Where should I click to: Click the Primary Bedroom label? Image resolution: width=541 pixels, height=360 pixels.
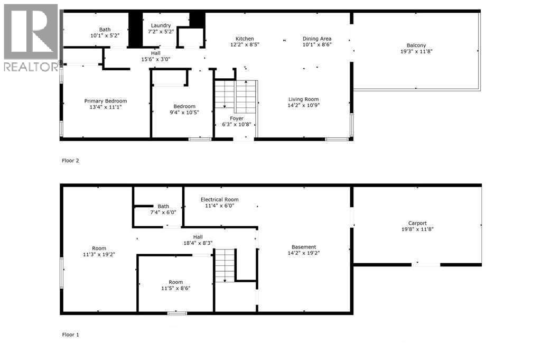pyautogui.click(x=106, y=101)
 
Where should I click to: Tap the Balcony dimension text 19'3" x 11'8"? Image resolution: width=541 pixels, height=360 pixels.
pyautogui.click(x=416, y=52)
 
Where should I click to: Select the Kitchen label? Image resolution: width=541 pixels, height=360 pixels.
pyautogui.click(x=245, y=39)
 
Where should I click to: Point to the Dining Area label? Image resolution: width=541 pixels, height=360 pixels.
pyautogui.click(x=317, y=39)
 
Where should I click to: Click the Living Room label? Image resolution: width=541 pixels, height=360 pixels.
pyautogui.click(x=303, y=99)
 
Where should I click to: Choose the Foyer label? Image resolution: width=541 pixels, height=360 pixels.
pyautogui.click(x=237, y=118)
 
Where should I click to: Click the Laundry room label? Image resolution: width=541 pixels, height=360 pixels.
pyautogui.click(x=161, y=25)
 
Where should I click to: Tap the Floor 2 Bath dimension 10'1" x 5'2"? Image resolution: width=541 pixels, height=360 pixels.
pyautogui.click(x=106, y=35)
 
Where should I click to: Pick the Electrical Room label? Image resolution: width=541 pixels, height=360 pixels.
pyautogui.click(x=219, y=199)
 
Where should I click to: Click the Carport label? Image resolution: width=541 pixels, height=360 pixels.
pyautogui.click(x=417, y=223)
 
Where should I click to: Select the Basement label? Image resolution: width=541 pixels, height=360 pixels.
pyautogui.click(x=304, y=247)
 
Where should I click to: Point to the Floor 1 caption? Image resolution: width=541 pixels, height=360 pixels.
pyautogui.click(x=70, y=335)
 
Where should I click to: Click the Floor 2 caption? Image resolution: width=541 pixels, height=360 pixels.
pyautogui.click(x=70, y=160)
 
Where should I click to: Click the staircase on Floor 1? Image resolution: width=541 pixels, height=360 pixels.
pyautogui.click(x=225, y=266)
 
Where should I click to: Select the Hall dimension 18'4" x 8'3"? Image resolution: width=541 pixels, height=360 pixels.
pyautogui.click(x=198, y=243)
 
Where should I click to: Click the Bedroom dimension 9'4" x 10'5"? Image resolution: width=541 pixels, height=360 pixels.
pyautogui.click(x=184, y=112)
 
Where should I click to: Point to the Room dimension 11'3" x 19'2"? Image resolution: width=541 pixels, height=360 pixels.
pyautogui.click(x=99, y=254)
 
